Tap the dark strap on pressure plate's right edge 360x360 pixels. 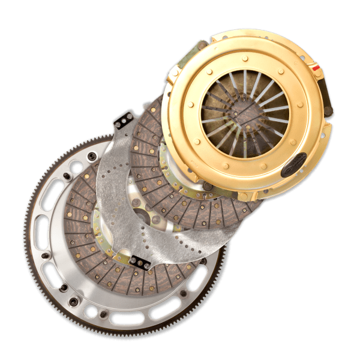point(328,96)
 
